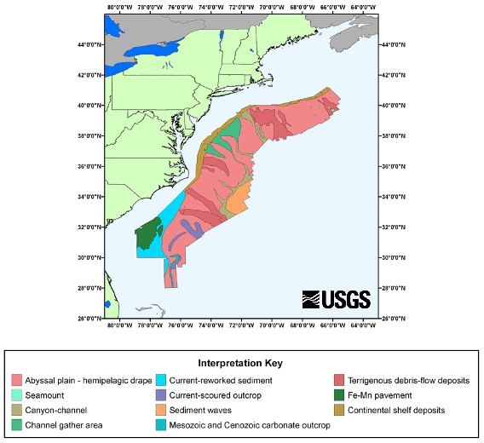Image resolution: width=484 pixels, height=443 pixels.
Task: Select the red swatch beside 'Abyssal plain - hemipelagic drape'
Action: pyautogui.click(x=17, y=380)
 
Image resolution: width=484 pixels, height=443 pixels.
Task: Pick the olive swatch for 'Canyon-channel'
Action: pyautogui.click(x=17, y=410)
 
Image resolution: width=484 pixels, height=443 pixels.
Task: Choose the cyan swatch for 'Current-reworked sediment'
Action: pyautogui.click(x=161, y=380)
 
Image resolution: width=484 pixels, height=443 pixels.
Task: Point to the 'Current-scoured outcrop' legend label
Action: pyautogui.click(x=213, y=394)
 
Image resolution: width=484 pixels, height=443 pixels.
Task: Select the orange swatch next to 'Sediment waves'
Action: pyautogui.click(x=161, y=410)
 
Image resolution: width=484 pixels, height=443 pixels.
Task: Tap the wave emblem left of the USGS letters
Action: pyautogui.click(x=312, y=299)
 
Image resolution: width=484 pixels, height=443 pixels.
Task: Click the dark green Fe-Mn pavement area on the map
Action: pyautogui.click(x=150, y=230)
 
